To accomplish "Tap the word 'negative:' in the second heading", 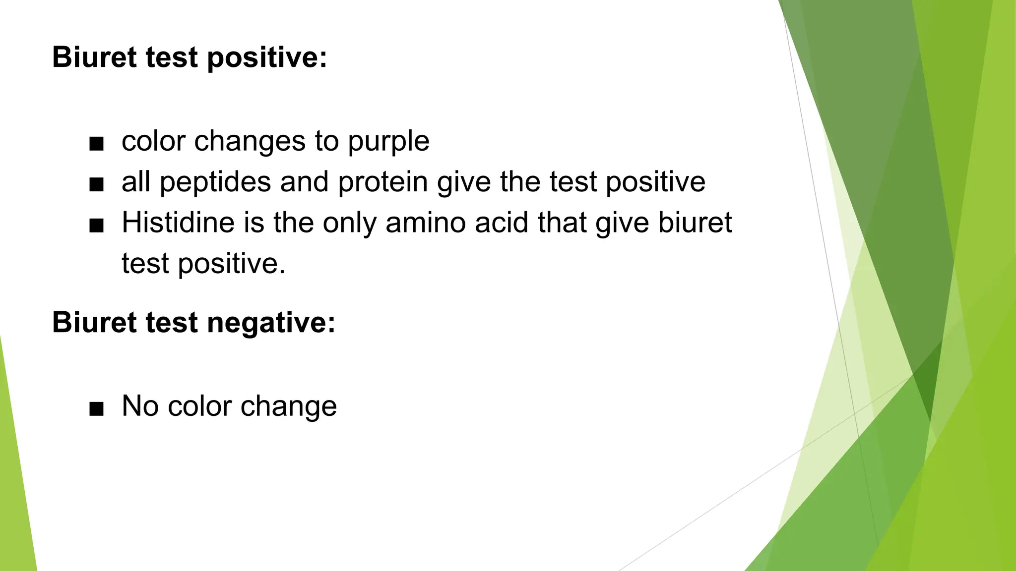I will (x=271, y=323).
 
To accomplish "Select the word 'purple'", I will (x=388, y=142).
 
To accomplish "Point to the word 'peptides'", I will (x=215, y=183).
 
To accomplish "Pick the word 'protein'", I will (x=382, y=182).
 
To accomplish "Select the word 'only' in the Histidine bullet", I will (x=350, y=224).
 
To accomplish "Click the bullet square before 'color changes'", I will (x=96, y=144).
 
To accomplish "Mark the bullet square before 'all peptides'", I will (x=96, y=185).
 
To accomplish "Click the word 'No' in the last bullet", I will (x=140, y=406).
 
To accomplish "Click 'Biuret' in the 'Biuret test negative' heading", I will (x=94, y=322).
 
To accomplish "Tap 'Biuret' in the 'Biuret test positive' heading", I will (x=94, y=57).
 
